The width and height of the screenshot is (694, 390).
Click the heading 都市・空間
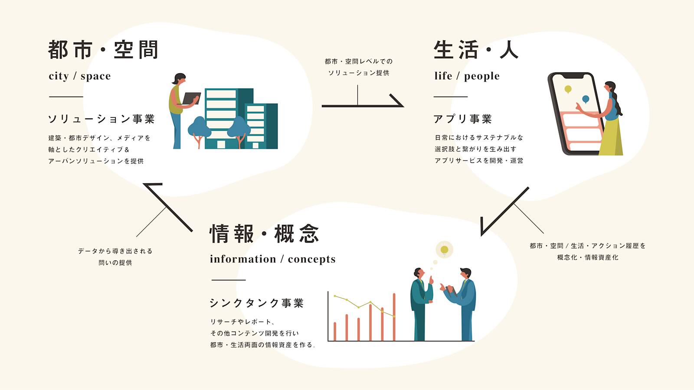click(103, 50)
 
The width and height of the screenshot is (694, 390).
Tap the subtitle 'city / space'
click(80, 76)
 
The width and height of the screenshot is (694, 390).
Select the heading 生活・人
click(476, 50)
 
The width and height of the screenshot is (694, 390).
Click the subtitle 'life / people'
click(467, 76)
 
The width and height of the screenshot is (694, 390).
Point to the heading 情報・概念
click(264, 234)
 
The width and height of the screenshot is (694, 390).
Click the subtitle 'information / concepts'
click(272, 259)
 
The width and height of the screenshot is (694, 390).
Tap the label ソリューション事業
click(101, 119)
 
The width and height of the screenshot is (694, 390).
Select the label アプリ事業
click(462, 119)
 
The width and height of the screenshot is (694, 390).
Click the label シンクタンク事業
click(256, 303)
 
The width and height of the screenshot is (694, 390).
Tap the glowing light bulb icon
click(444, 250)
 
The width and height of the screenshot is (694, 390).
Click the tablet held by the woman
click(190, 98)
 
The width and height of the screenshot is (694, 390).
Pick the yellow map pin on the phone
click(568, 89)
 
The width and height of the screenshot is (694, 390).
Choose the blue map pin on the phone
click(586, 99)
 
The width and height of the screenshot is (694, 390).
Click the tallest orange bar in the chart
click(394, 317)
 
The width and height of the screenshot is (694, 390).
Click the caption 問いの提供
click(115, 263)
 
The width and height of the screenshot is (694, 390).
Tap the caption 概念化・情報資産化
click(588, 257)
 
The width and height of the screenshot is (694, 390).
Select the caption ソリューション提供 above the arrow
click(359, 73)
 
